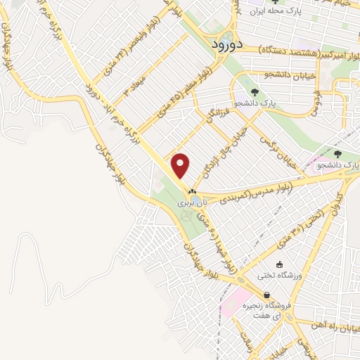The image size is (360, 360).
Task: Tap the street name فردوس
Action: point(317,99)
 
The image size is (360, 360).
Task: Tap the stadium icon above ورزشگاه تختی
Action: point(280,265)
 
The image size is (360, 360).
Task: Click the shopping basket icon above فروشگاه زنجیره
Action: point(266,295)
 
